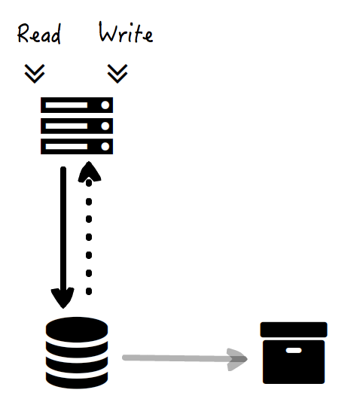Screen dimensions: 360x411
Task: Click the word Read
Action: coord(39,33)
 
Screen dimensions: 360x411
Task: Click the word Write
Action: coord(126,32)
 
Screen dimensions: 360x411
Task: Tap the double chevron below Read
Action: coord(35,74)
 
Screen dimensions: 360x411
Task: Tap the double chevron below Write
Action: coord(117,74)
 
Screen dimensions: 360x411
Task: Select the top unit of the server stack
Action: coord(77,105)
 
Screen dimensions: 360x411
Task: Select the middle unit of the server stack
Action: coord(77,126)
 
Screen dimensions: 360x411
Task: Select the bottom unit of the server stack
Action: coord(77,146)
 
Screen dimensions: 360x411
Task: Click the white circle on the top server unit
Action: coord(105,105)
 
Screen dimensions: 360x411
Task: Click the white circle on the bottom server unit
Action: coord(105,146)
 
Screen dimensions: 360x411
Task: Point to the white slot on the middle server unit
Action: coord(66,126)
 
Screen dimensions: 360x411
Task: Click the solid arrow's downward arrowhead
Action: coord(63,297)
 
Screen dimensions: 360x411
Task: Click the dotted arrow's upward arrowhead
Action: coord(90,172)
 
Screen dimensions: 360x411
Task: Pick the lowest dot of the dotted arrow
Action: coord(89,291)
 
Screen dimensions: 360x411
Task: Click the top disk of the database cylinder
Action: coord(77,330)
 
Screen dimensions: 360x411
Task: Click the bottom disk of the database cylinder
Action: coord(77,380)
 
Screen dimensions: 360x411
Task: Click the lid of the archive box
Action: coord(294,330)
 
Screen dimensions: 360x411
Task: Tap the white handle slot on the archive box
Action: coord(294,350)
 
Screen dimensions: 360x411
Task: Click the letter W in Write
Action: coord(108,32)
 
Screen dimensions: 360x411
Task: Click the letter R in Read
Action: coord(23,33)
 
